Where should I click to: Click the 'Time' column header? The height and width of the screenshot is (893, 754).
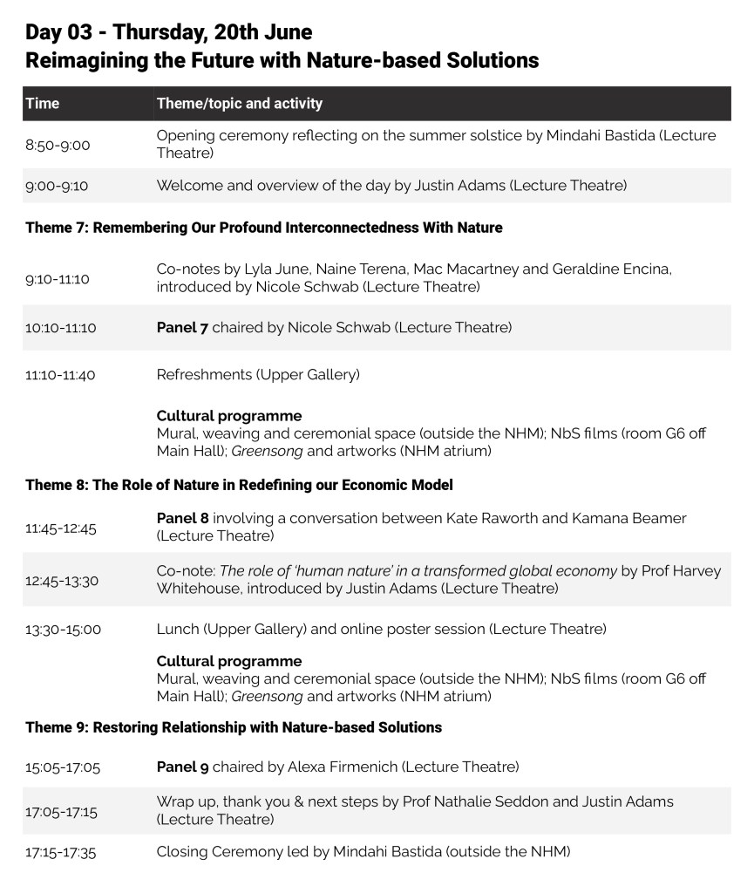(43, 104)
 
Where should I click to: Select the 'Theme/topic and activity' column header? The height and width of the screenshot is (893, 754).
(240, 104)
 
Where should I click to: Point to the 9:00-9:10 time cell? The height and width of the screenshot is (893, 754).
(58, 186)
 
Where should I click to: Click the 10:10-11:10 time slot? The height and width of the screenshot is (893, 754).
(61, 329)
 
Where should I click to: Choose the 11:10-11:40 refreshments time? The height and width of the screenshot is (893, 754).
(61, 376)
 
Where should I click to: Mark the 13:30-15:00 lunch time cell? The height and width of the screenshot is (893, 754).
(64, 630)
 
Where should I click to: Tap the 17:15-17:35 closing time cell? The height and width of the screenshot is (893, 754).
(61, 853)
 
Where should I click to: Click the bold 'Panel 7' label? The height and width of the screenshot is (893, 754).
(182, 328)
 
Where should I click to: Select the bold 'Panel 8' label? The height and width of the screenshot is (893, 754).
(182, 519)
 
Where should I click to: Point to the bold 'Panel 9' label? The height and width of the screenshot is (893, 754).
(182, 767)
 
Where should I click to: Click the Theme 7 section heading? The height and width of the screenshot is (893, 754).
(264, 228)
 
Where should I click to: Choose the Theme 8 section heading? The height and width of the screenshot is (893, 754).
(239, 485)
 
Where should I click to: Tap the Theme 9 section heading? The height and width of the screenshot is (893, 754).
(234, 727)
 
